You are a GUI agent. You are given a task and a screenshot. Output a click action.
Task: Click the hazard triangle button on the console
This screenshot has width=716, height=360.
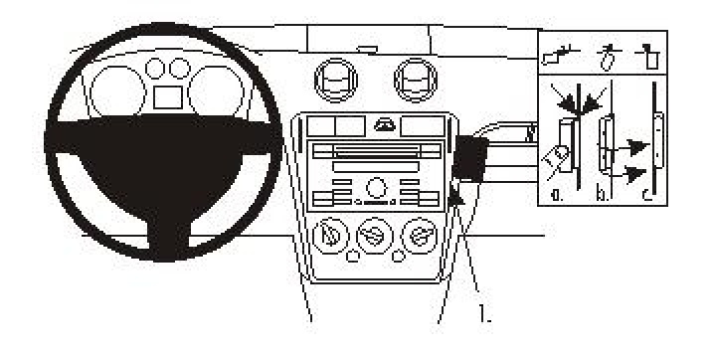[x=381, y=123]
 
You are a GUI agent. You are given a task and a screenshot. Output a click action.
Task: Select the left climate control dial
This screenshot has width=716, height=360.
[x=330, y=237]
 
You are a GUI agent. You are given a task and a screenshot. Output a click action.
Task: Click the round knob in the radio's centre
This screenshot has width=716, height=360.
[x=375, y=186]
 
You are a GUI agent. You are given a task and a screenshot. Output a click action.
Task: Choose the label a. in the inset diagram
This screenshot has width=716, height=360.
[x=558, y=195]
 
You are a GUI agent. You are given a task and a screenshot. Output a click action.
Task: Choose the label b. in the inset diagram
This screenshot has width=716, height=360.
[x=603, y=195]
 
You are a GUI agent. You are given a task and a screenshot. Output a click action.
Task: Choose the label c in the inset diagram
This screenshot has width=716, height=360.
[x=647, y=195]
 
